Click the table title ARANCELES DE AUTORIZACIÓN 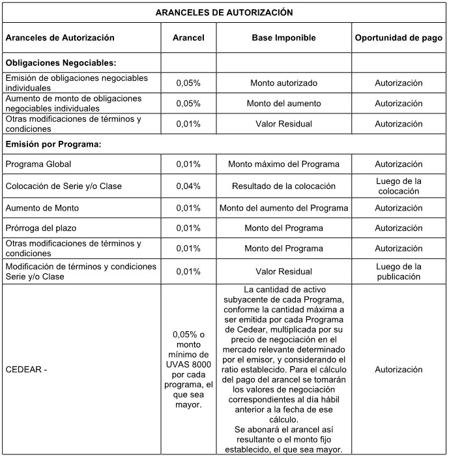(x=224, y=12)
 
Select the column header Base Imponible (x=283, y=38)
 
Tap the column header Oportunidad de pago (x=398, y=38)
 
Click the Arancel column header (x=188, y=38)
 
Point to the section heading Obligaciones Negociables (x=61, y=63)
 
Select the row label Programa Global (x=38, y=164)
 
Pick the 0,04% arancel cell (x=188, y=186)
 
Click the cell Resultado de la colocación (x=283, y=186)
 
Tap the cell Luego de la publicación (x=398, y=271)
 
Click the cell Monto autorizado (x=283, y=83)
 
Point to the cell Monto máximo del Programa (x=283, y=164)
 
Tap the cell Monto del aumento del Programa (x=283, y=208)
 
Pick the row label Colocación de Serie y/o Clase (x=63, y=186)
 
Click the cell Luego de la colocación (x=398, y=186)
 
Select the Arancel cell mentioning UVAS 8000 (x=188, y=370)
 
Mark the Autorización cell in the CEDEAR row (x=398, y=370)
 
